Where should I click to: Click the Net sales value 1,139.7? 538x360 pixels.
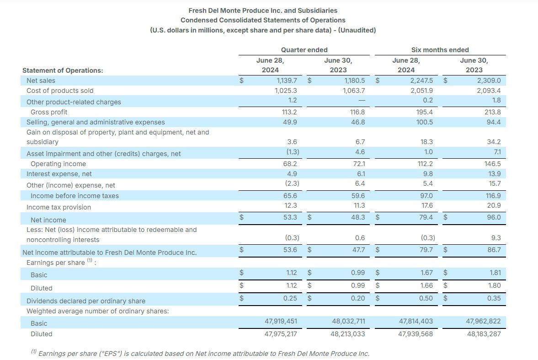point(286,81)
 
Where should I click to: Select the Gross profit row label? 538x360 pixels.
point(48,112)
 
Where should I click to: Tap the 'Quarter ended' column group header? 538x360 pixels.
point(304,50)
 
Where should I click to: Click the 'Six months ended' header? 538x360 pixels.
point(440,50)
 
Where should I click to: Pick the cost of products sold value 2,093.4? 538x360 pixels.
point(489,91)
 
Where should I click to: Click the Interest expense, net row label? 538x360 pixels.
point(59,174)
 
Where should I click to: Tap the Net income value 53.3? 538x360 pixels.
point(290,217)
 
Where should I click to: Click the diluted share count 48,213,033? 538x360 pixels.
point(348,334)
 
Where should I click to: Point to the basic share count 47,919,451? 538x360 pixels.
point(281,321)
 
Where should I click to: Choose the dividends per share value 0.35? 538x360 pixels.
point(494,298)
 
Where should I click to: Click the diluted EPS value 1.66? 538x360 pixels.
point(426,285)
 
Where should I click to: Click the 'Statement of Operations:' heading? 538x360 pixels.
point(63,70)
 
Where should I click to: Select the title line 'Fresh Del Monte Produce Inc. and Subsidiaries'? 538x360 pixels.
point(263,10)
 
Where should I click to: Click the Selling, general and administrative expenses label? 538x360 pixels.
point(96,122)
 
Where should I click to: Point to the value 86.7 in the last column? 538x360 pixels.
point(494,250)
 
